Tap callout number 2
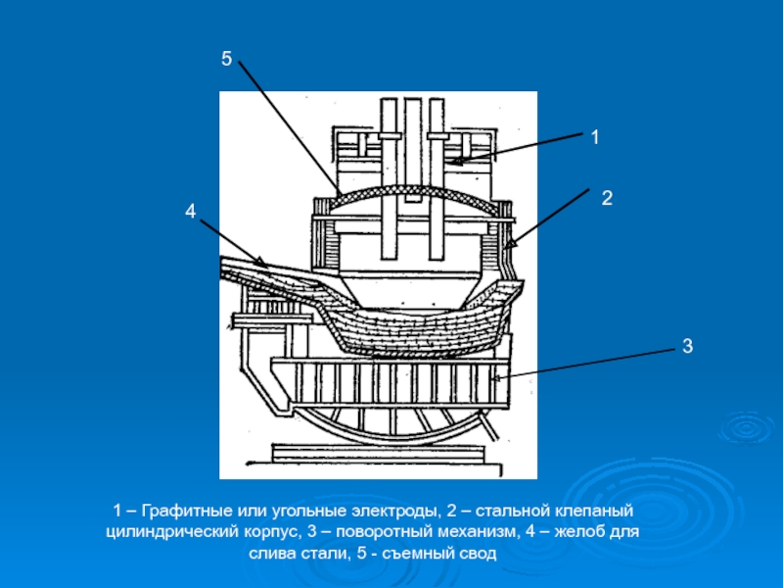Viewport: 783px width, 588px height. pos(607,198)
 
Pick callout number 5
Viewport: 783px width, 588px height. pos(226,60)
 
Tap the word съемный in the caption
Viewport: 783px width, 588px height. pos(422,555)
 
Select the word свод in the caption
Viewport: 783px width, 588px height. pos(481,555)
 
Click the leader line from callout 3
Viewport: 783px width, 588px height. pos(587,363)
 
